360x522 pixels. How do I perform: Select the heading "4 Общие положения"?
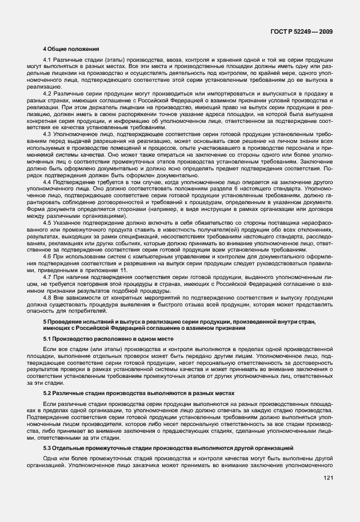(71, 50)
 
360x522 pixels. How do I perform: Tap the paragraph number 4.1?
(48, 60)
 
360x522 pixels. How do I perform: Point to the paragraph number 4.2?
(48, 93)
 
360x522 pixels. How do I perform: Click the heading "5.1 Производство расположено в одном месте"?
(91, 339)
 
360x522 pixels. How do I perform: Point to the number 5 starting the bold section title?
(45, 322)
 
